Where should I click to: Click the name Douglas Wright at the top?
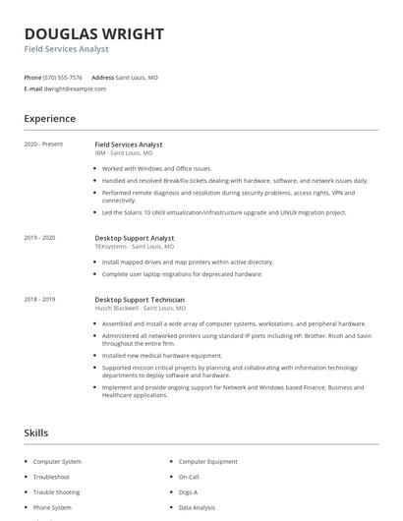pos(93,33)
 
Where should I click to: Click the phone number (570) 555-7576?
pos(64,77)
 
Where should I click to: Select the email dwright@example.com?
pos(75,88)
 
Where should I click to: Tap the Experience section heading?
pos(49,119)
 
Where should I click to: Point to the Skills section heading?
pos(36,433)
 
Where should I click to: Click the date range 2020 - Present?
pos(43,145)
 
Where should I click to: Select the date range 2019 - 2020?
pos(39,238)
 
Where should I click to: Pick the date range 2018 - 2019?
pos(39,299)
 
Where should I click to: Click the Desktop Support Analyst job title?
pos(134,238)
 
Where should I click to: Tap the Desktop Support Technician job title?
pos(140,299)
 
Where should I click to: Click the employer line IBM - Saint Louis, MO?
pos(124,153)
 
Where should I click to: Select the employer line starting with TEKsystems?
pos(134,247)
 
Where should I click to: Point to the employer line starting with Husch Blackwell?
pos(140,308)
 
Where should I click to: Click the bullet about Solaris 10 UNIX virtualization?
pos(224,212)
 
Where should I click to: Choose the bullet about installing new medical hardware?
pos(162,355)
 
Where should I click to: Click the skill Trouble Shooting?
pos(58,492)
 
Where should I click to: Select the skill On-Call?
pos(190,476)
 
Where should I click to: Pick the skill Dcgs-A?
pos(189,492)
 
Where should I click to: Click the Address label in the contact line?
pos(102,77)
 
